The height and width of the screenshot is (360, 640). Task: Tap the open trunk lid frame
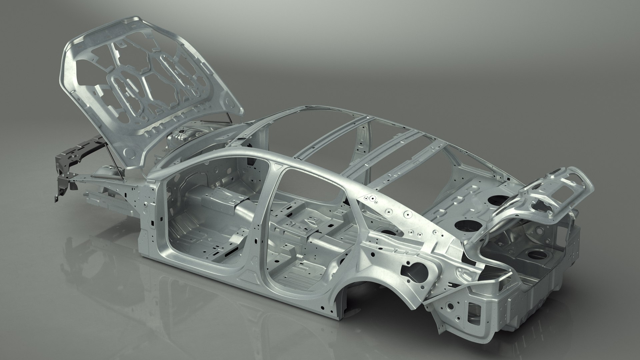click(533, 200)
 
